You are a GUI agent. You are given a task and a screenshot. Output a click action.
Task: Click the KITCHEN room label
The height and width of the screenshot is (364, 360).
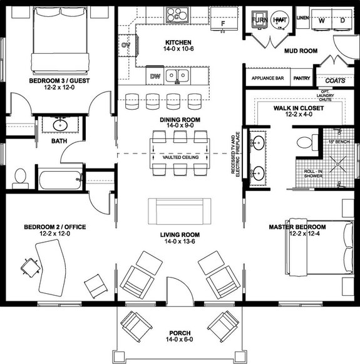pyautogui.click(x=177, y=42)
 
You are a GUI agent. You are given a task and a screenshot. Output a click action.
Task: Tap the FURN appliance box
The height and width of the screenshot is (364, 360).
pyautogui.click(x=259, y=21)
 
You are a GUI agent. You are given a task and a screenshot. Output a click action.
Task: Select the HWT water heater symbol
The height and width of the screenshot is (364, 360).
pyautogui.click(x=279, y=21)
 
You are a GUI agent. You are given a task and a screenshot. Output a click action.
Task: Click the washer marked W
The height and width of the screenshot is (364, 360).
pyautogui.click(x=322, y=20)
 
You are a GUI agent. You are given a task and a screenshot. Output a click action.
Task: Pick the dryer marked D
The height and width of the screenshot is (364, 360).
pyautogui.click(x=342, y=20)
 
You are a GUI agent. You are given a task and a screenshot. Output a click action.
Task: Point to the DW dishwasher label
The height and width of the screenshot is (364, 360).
pyautogui.click(x=155, y=76)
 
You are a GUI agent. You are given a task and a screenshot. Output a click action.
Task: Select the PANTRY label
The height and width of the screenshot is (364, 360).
pyautogui.click(x=301, y=79)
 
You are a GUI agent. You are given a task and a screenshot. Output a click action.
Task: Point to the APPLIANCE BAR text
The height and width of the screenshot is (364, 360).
pyautogui.click(x=268, y=79)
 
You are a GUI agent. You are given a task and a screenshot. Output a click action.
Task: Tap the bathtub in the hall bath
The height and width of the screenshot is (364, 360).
pyautogui.click(x=60, y=180)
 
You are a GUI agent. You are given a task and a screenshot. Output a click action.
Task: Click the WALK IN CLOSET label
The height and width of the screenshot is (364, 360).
pyautogui.click(x=297, y=108)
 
